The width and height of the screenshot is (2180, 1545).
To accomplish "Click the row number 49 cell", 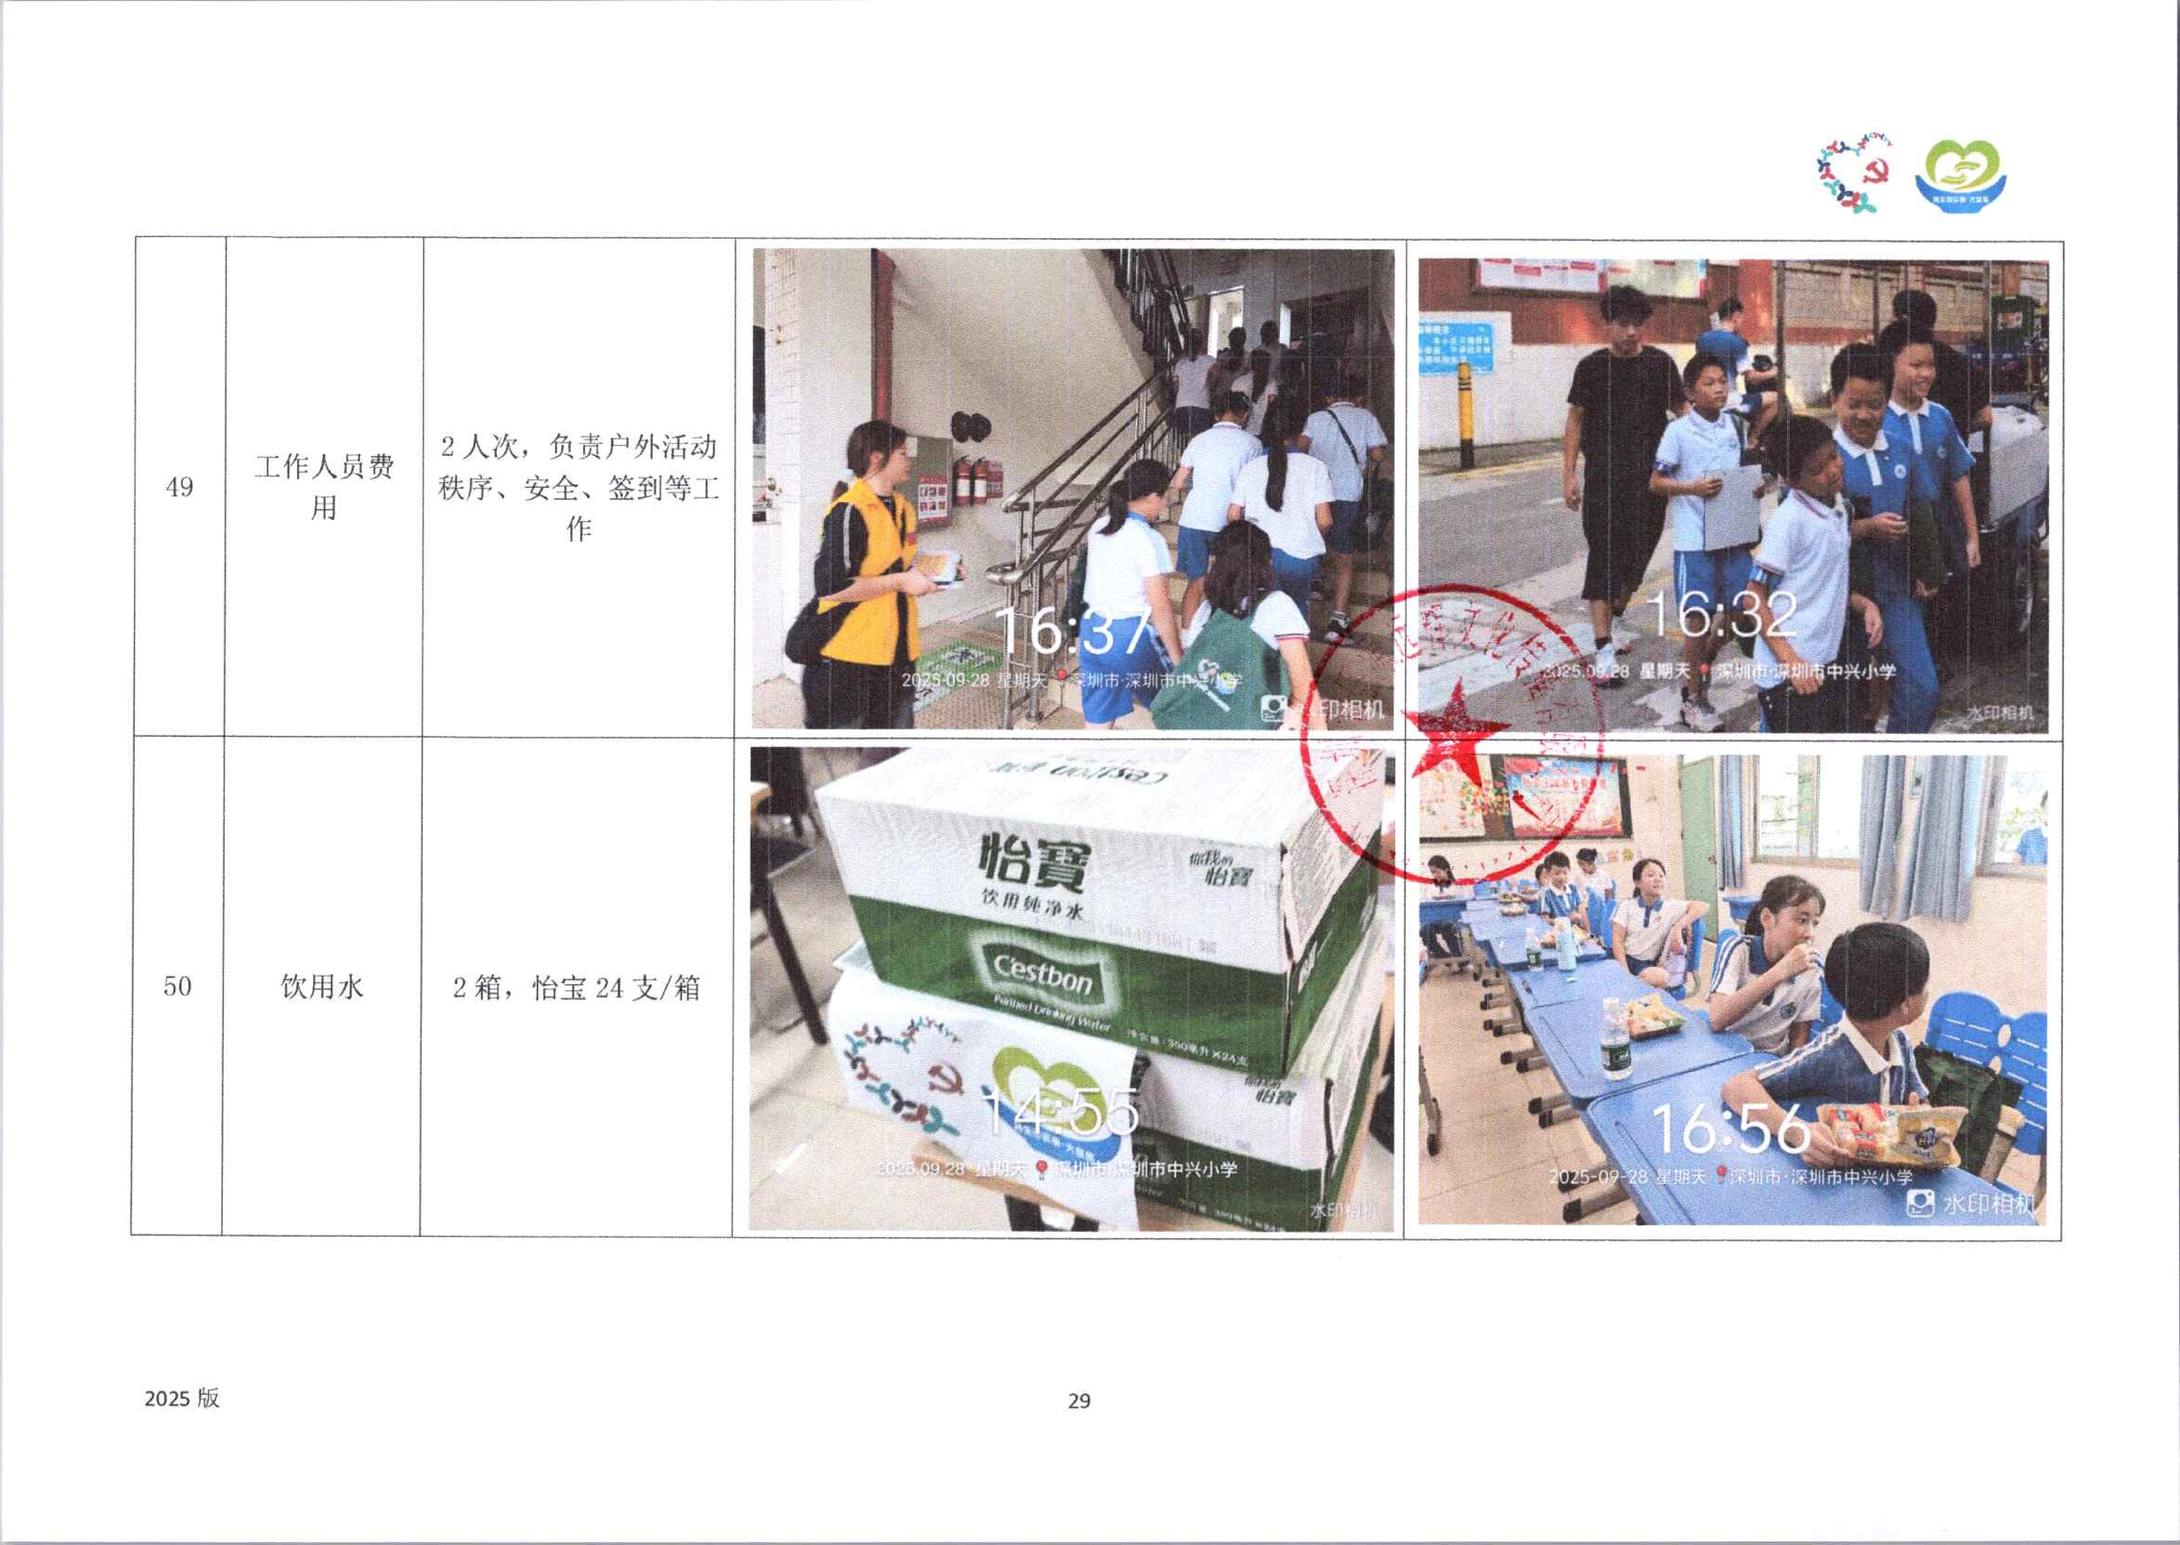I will [x=179, y=487].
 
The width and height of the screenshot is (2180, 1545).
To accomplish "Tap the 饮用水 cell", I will [x=322, y=987].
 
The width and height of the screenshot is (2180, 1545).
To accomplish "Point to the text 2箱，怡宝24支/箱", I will [x=576, y=988].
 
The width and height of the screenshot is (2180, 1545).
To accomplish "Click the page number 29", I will [x=1079, y=1400].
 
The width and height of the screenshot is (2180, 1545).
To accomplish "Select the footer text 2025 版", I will [x=182, y=1397].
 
